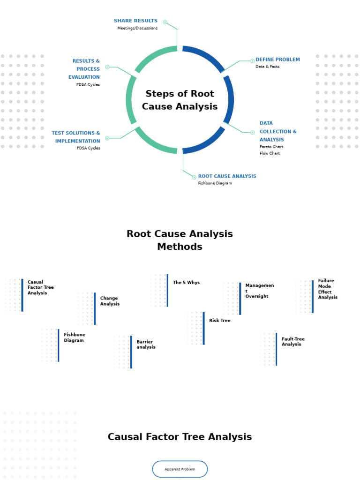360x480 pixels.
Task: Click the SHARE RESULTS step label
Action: point(135,21)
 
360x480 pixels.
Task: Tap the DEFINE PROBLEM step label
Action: point(277,60)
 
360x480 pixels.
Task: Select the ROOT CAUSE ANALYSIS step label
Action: point(227,176)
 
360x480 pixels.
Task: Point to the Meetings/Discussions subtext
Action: point(137,28)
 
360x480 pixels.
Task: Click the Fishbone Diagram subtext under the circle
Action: point(215,183)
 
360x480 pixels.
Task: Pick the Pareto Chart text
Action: point(271,147)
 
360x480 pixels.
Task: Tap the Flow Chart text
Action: point(270,153)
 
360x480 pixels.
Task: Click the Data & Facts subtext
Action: point(267,67)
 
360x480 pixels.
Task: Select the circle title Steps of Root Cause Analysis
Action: point(180,100)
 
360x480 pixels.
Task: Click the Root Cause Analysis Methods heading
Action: point(180,240)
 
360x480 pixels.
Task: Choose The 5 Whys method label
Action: point(186,283)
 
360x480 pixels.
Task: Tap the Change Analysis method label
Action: point(110,301)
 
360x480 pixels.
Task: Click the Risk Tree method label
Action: point(219,321)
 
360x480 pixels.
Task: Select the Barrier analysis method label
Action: point(146,345)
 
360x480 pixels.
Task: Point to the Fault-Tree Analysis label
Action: point(293,341)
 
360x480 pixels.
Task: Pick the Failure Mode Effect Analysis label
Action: point(327,289)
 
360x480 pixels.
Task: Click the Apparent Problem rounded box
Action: point(180,469)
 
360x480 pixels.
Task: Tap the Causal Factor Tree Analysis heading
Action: point(180,437)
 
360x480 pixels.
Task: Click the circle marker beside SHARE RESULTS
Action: point(165,22)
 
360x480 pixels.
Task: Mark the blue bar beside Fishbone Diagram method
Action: point(58,345)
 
